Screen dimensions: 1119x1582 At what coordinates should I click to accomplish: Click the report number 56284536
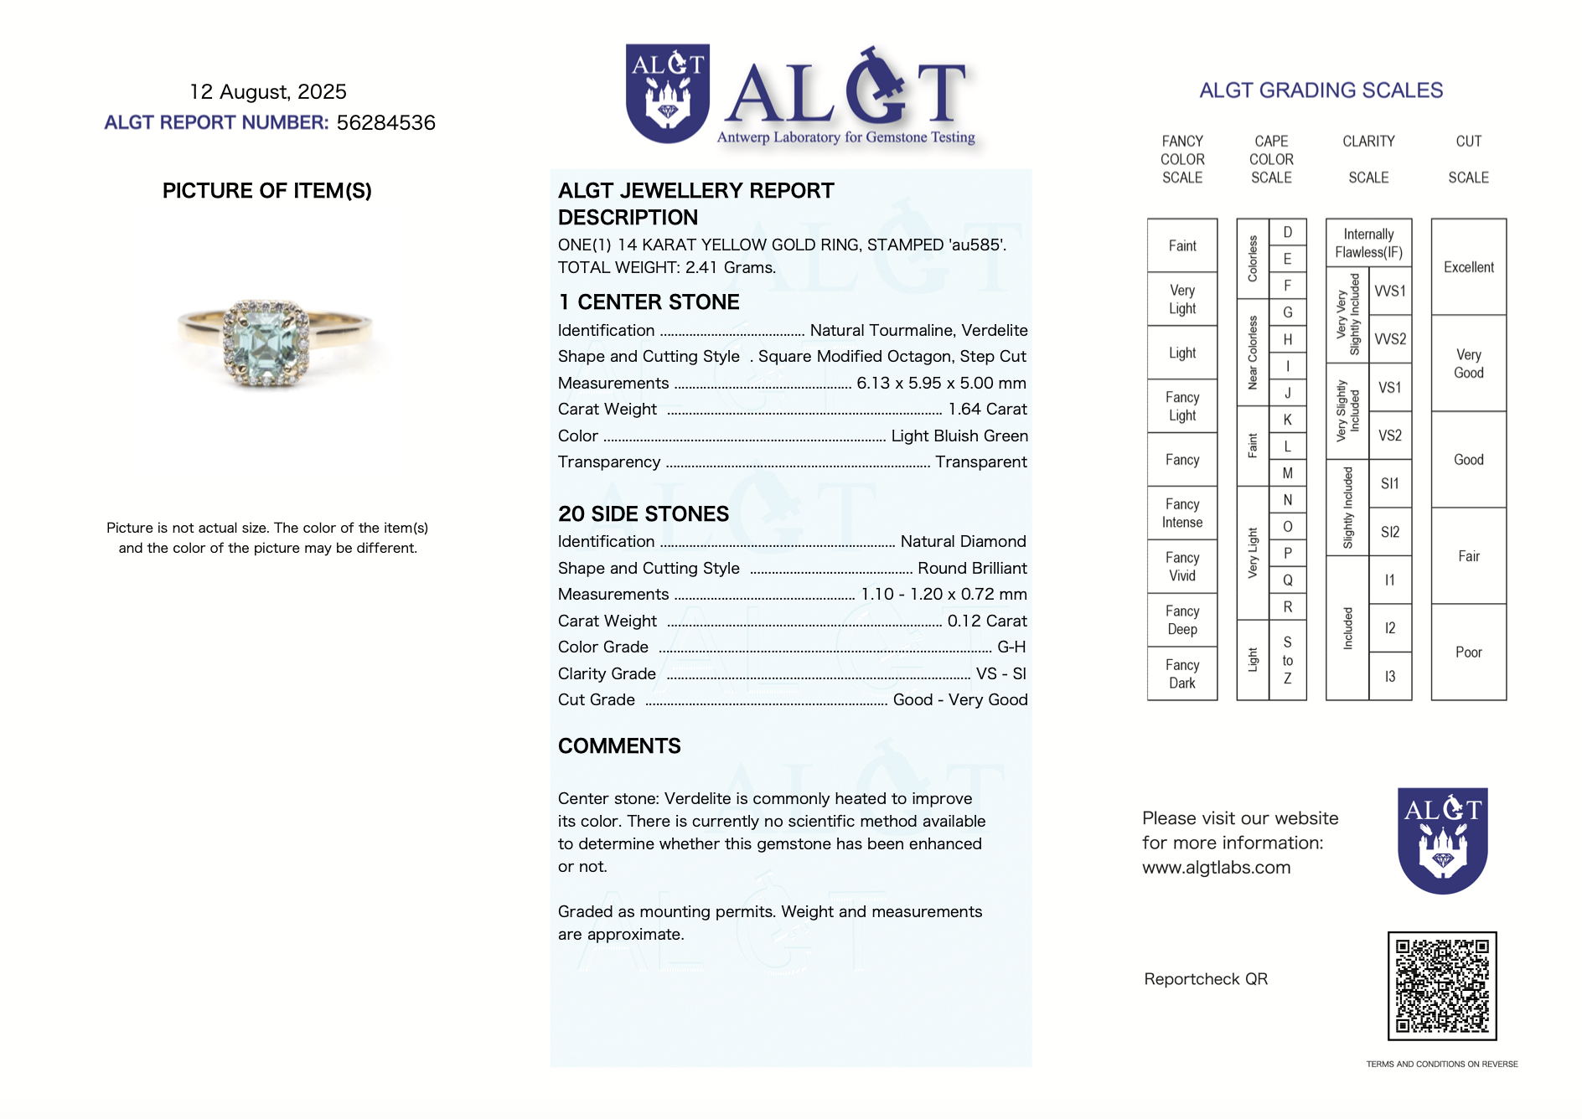[385, 123]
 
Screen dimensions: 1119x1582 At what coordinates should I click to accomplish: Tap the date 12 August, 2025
[268, 91]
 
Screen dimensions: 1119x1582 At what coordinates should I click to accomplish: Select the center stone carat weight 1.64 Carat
[987, 410]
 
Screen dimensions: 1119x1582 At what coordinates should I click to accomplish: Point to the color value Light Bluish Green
[959, 436]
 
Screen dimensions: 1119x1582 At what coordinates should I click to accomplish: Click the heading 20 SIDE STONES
[644, 514]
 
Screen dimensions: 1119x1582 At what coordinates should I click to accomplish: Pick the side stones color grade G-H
[1011, 647]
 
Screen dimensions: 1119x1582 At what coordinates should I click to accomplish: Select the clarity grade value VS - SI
[1000, 674]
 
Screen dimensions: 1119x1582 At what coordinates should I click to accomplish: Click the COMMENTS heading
[619, 746]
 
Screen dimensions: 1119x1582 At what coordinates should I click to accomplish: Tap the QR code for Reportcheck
[1442, 986]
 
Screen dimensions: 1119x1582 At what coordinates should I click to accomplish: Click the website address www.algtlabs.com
[1216, 868]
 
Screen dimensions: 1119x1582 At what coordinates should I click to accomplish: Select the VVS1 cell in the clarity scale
[1390, 291]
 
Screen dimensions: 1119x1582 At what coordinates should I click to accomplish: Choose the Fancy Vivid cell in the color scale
[1182, 567]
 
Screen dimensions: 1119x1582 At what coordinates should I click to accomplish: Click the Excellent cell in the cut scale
[1469, 267]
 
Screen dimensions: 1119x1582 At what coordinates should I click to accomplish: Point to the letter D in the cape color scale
[1288, 232]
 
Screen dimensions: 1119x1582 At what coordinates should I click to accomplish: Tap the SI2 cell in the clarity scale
[1390, 532]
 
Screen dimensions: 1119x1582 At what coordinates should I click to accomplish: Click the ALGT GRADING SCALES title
[1321, 90]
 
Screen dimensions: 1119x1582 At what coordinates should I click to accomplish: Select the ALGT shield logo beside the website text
[1442, 840]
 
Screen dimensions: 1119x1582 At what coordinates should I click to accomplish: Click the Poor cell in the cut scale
[1469, 652]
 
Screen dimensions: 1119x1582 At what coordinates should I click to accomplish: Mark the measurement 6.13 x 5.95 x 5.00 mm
[941, 384]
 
